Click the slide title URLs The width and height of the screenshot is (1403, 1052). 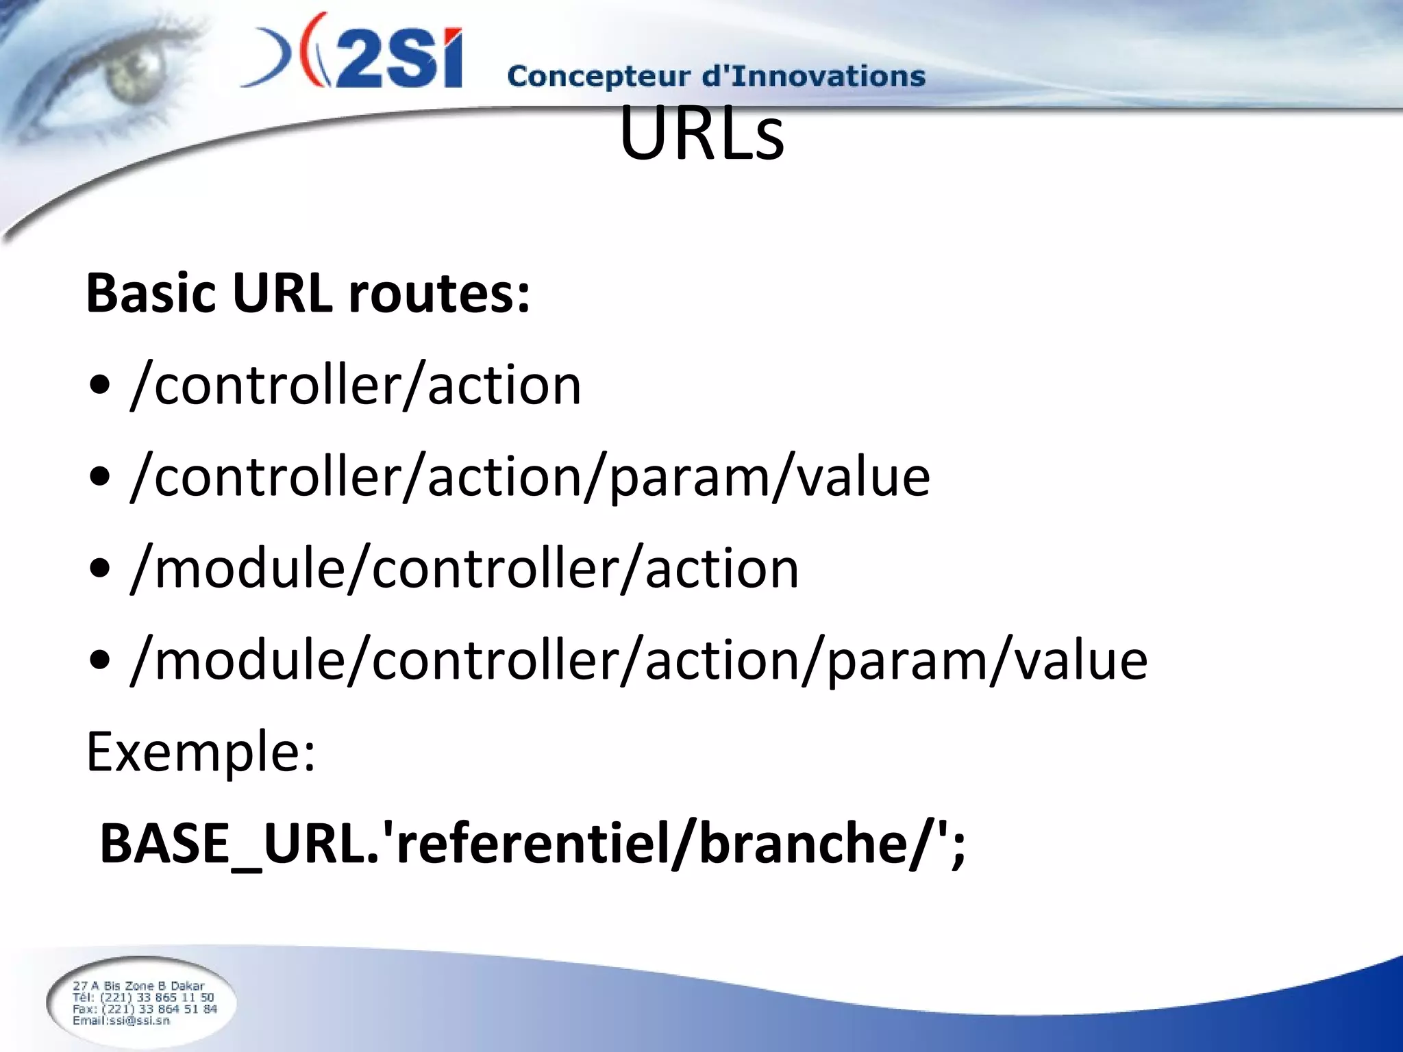pyautogui.click(x=701, y=134)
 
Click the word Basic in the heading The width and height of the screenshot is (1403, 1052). pyautogui.click(x=151, y=293)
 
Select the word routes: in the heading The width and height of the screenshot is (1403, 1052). pyautogui.click(x=439, y=293)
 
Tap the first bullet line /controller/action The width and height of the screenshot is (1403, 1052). pyautogui.click(x=356, y=385)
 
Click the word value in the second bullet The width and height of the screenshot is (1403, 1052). pyautogui.click(x=863, y=477)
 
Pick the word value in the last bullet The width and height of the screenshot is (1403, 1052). pyautogui.click(x=1080, y=660)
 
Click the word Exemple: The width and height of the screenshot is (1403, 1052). pyautogui.click(x=201, y=752)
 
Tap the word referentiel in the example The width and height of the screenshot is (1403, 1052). pyautogui.click(x=531, y=844)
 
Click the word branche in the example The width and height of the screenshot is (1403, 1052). pyautogui.click(x=802, y=844)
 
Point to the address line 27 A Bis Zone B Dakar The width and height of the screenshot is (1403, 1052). pyautogui.click(x=138, y=986)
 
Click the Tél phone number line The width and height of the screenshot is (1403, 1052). pyautogui.click(x=143, y=997)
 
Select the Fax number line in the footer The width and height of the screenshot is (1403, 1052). pyautogui.click(x=145, y=1009)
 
